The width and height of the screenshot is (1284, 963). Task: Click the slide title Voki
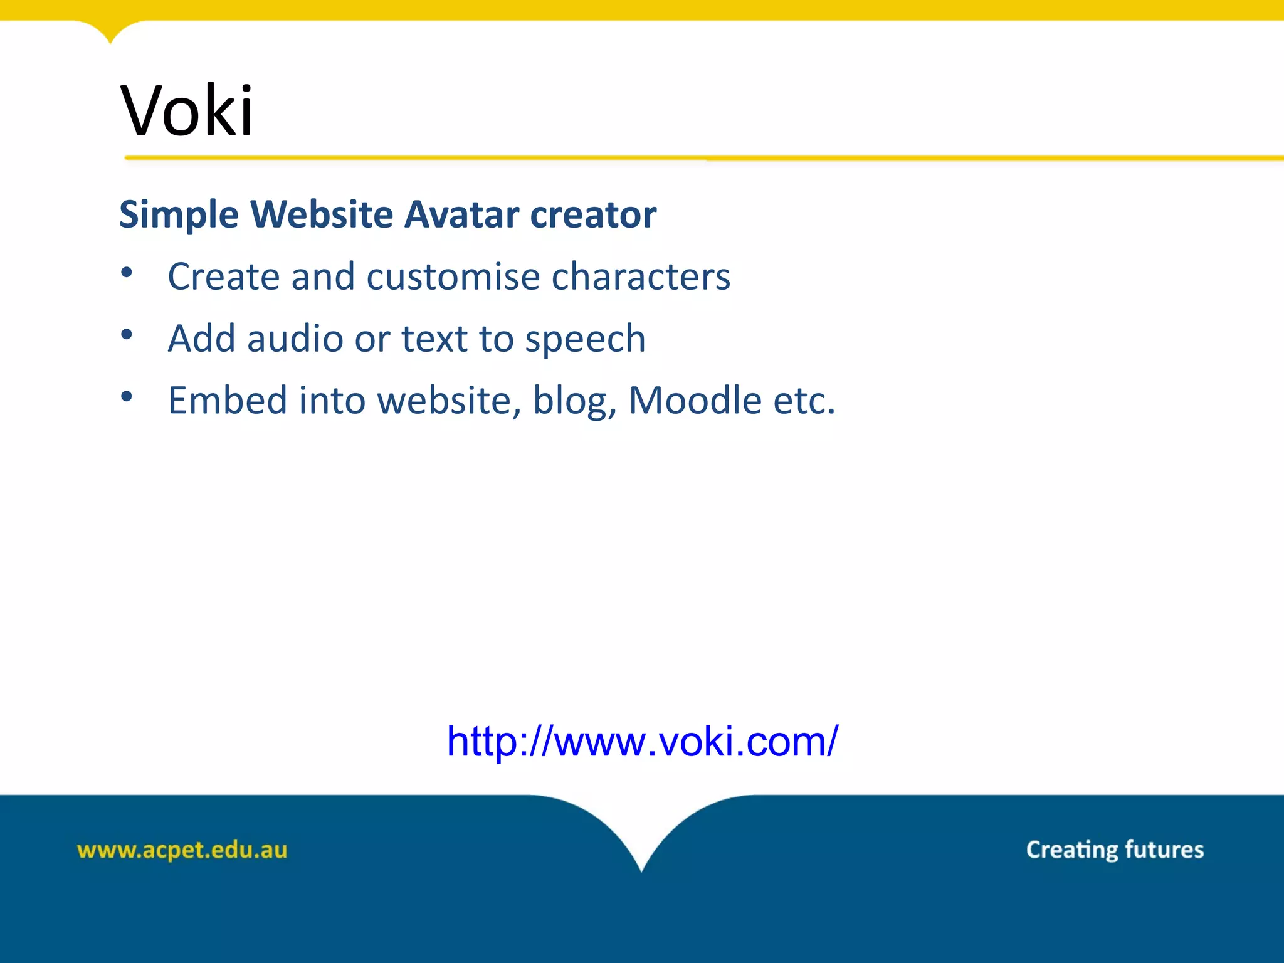(187, 111)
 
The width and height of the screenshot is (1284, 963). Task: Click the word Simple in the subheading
(179, 214)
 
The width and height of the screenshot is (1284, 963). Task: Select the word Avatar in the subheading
(461, 214)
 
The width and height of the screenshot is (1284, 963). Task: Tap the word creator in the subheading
(593, 214)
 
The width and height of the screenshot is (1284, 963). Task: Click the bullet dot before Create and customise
(127, 273)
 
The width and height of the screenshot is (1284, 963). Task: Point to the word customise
(453, 276)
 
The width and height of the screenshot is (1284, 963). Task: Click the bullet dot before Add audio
(127, 335)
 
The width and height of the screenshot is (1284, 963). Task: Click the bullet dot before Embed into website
(127, 396)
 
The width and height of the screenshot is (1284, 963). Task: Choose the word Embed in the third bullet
(228, 400)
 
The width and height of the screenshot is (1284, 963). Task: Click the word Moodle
(695, 400)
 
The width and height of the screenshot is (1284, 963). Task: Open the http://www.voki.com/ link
(642, 742)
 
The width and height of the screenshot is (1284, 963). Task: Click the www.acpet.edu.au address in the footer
(182, 850)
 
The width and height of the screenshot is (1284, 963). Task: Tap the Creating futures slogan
(1115, 850)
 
